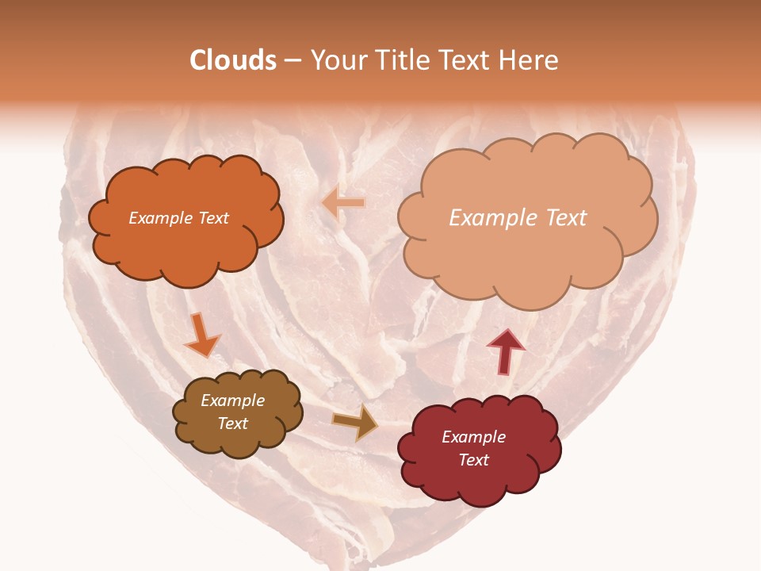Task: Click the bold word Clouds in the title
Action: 233,60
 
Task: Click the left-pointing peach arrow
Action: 343,204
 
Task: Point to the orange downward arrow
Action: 201,335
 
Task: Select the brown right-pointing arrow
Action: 354,423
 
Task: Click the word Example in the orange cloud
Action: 159,218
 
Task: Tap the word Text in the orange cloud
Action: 212,218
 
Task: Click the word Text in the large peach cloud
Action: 566,218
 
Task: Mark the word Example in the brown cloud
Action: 232,400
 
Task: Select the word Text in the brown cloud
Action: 232,423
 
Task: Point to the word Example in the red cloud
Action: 473,437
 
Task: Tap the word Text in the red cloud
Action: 473,460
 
